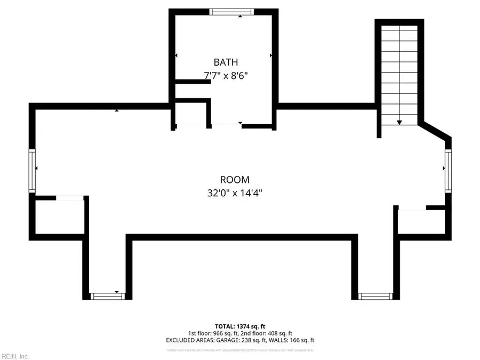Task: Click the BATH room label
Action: pyautogui.click(x=227, y=62)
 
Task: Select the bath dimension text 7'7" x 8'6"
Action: pyautogui.click(x=227, y=76)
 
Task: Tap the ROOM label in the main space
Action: pyautogui.click(x=235, y=180)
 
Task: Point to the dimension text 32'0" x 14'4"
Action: pyautogui.click(x=235, y=193)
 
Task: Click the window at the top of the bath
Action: pyautogui.click(x=231, y=12)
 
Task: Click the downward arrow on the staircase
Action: pyautogui.click(x=399, y=122)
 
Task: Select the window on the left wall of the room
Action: pyautogui.click(x=32, y=171)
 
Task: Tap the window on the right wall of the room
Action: pyautogui.click(x=449, y=170)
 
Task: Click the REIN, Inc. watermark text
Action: pyautogui.click(x=15, y=356)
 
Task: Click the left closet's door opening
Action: pyautogui.click(x=69, y=198)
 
